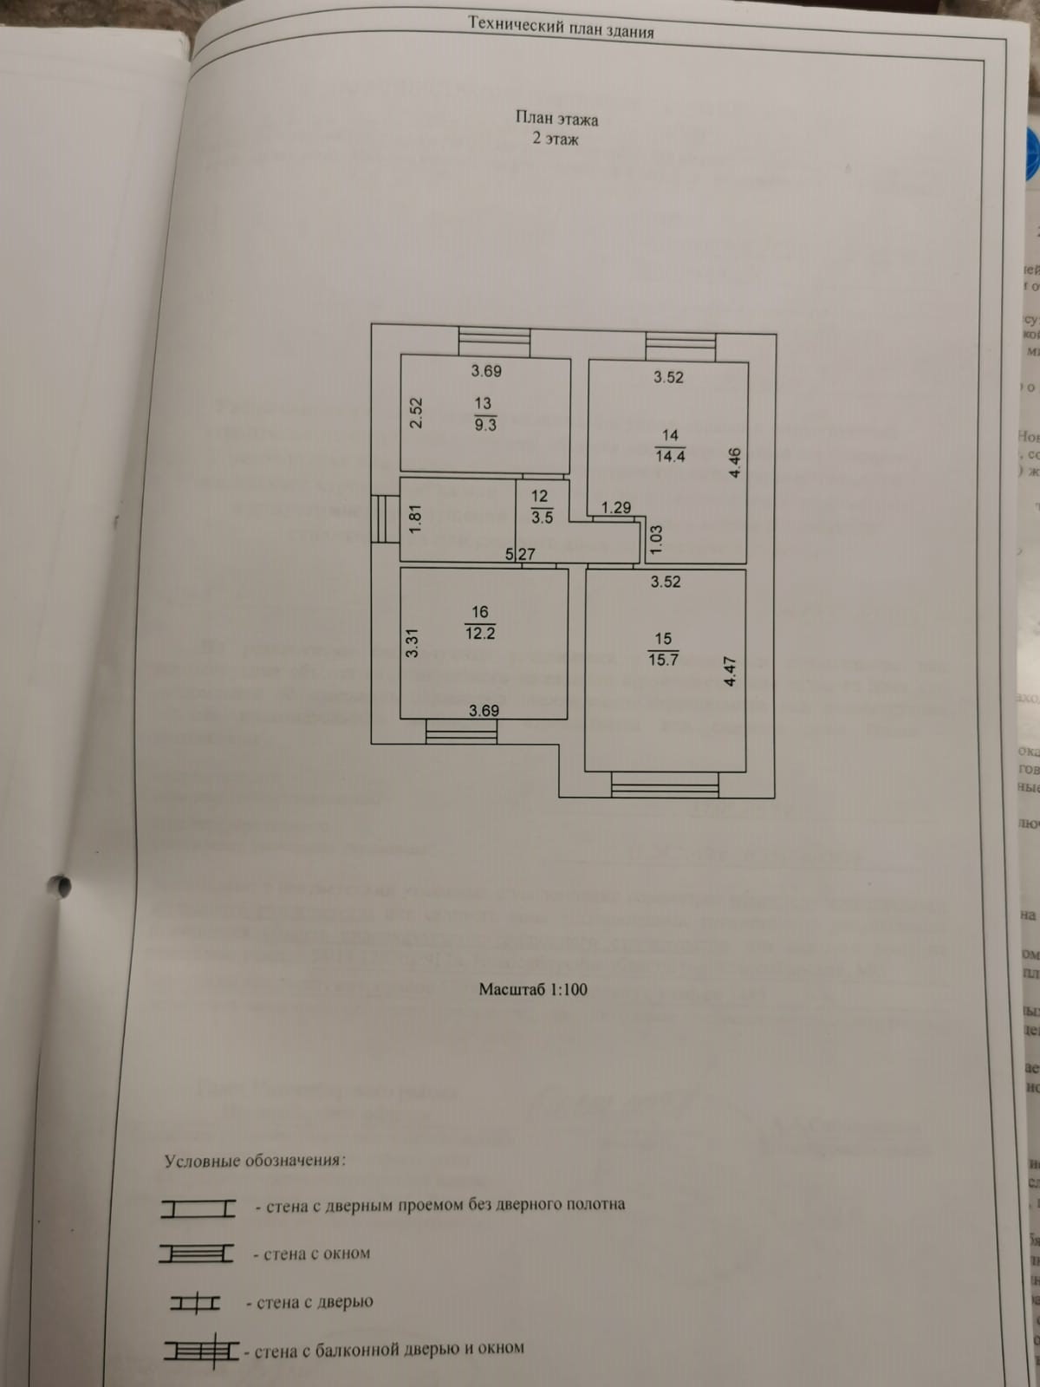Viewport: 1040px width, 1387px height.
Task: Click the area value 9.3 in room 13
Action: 485,426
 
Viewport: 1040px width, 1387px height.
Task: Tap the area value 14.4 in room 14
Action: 670,456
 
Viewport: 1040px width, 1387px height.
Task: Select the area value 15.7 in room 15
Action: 663,660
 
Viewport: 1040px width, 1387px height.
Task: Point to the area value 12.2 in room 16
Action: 480,634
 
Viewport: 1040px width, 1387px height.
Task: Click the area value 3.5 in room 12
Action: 542,518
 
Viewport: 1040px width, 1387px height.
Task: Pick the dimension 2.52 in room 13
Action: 416,413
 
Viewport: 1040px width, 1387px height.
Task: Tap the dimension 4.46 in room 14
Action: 735,462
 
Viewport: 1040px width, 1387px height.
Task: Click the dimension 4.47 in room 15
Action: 730,672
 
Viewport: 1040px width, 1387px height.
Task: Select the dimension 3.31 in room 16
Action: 413,643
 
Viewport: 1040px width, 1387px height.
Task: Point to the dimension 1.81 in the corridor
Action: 415,518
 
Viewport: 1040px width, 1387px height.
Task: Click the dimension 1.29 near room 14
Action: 616,507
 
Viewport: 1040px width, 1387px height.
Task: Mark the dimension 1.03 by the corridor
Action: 655,540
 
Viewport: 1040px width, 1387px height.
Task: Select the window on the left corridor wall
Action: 380,518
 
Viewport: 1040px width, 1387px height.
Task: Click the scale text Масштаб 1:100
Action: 533,989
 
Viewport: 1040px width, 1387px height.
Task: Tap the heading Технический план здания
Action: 561,27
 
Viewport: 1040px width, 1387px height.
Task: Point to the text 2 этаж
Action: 556,139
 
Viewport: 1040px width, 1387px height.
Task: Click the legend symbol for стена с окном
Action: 197,1254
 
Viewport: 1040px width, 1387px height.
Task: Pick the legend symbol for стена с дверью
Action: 195,1303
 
